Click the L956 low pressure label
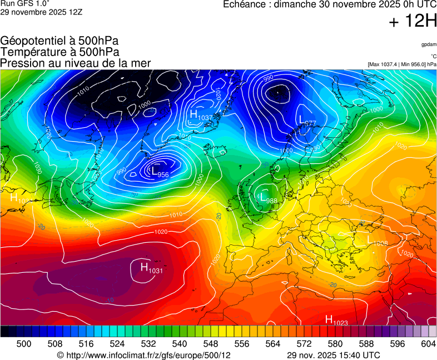click(x=160, y=173)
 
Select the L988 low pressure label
click(x=268, y=198)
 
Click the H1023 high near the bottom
click(x=336, y=320)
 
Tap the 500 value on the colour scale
click(x=24, y=344)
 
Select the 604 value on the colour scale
click(x=428, y=344)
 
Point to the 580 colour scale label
click(x=335, y=344)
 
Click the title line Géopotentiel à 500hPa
click(x=59, y=41)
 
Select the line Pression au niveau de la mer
click(x=76, y=63)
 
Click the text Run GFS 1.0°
click(x=25, y=3)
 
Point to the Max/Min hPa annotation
click(x=402, y=64)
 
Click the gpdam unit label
click(x=429, y=44)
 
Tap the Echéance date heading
click(x=329, y=4)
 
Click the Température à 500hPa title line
click(x=59, y=52)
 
